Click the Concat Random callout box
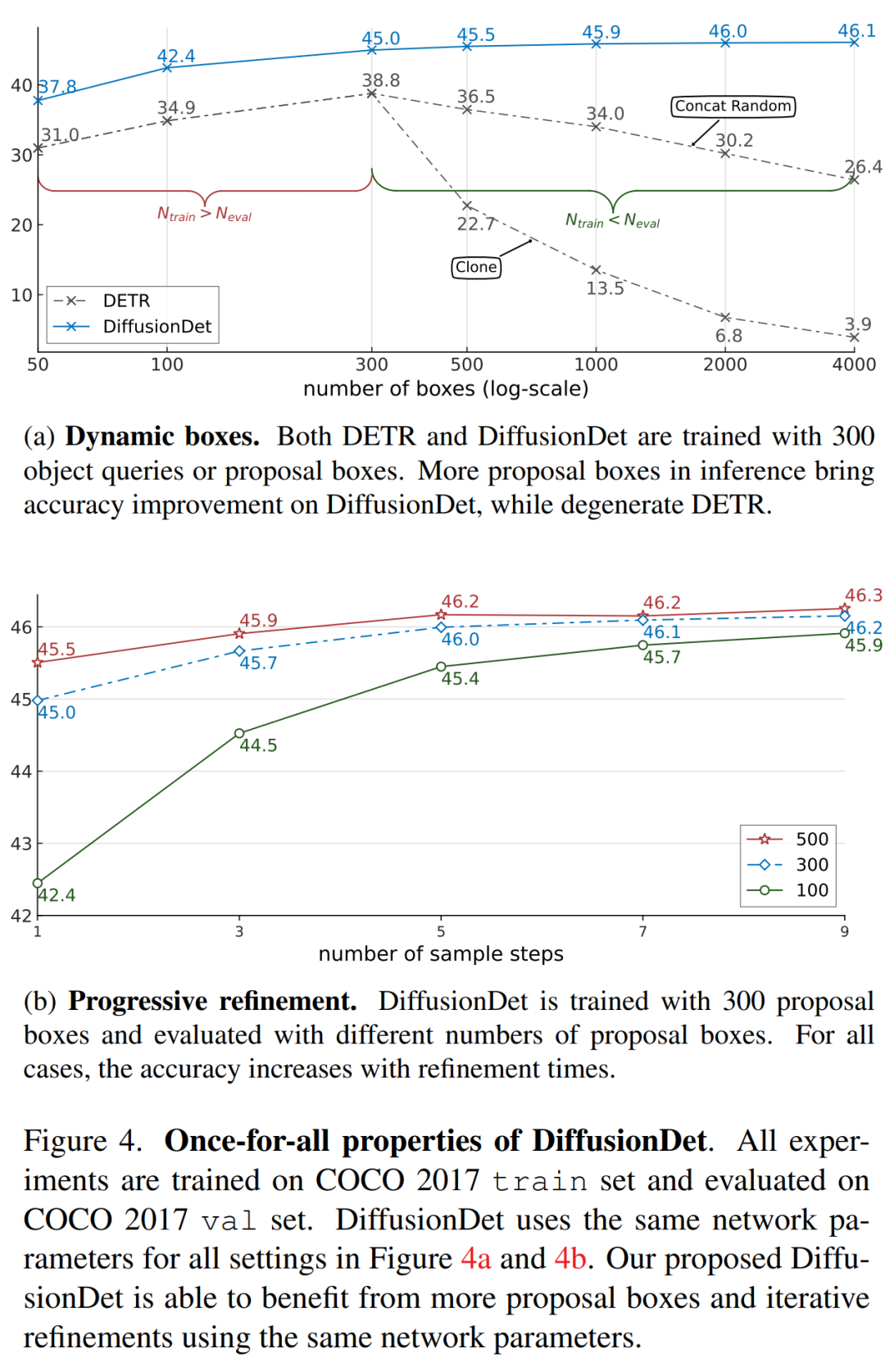(733, 106)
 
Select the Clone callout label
(476, 267)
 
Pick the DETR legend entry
(103, 301)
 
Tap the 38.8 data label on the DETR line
(381, 80)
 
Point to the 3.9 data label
(858, 324)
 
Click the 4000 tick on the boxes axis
(854, 364)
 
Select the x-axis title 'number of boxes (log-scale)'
(446, 389)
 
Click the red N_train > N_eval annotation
(204, 215)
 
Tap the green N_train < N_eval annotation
(612, 220)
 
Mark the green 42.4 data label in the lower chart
(57, 895)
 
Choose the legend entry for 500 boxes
(788, 840)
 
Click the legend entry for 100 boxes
(788, 890)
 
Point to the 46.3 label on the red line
(864, 595)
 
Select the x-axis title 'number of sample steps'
(441, 954)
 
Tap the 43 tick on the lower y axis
(20, 844)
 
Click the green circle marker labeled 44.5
(239, 733)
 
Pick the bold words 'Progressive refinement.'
(212, 1002)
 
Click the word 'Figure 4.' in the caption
(83, 1141)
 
